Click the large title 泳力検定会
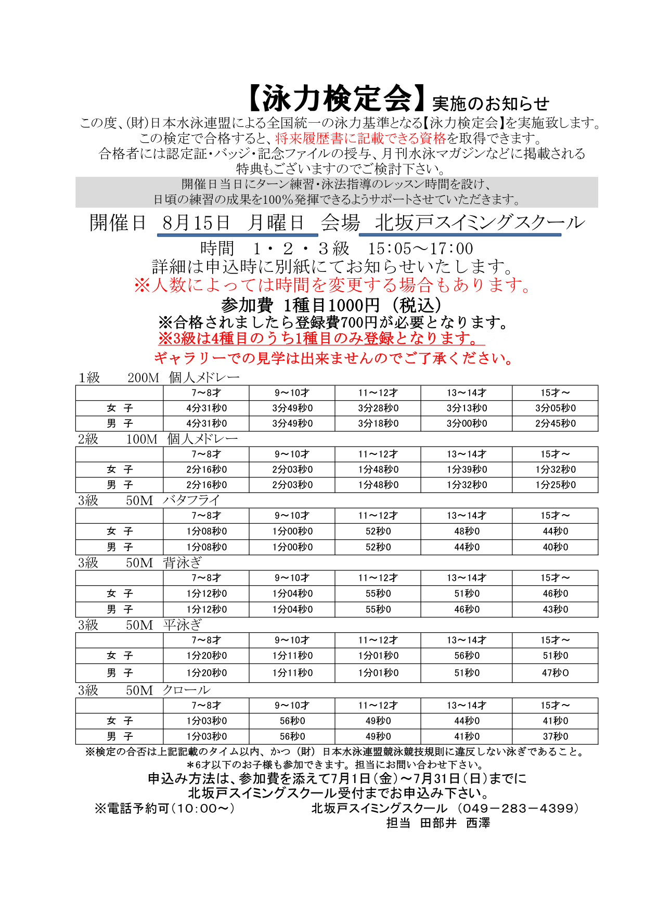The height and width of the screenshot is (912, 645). point(337,99)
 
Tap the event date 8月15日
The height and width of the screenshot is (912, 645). point(196,223)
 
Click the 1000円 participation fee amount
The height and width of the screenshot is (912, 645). point(354,305)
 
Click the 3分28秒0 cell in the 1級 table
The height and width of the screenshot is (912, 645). point(378,408)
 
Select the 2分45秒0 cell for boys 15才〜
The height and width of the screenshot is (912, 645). point(555,423)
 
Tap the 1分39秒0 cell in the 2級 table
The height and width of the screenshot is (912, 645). point(467,470)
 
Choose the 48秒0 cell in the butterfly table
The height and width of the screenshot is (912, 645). point(467,531)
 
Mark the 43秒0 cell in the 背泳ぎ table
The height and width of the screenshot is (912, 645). point(555,609)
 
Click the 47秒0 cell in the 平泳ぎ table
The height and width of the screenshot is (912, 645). point(555,673)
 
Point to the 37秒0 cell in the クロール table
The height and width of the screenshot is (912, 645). point(555,736)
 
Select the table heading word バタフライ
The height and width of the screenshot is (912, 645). point(191,500)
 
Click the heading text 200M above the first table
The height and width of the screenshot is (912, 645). point(143,378)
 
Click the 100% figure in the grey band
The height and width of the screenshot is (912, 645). point(278,200)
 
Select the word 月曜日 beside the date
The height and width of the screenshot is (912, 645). point(276,223)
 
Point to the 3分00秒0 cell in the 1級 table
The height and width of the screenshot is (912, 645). point(467,423)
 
